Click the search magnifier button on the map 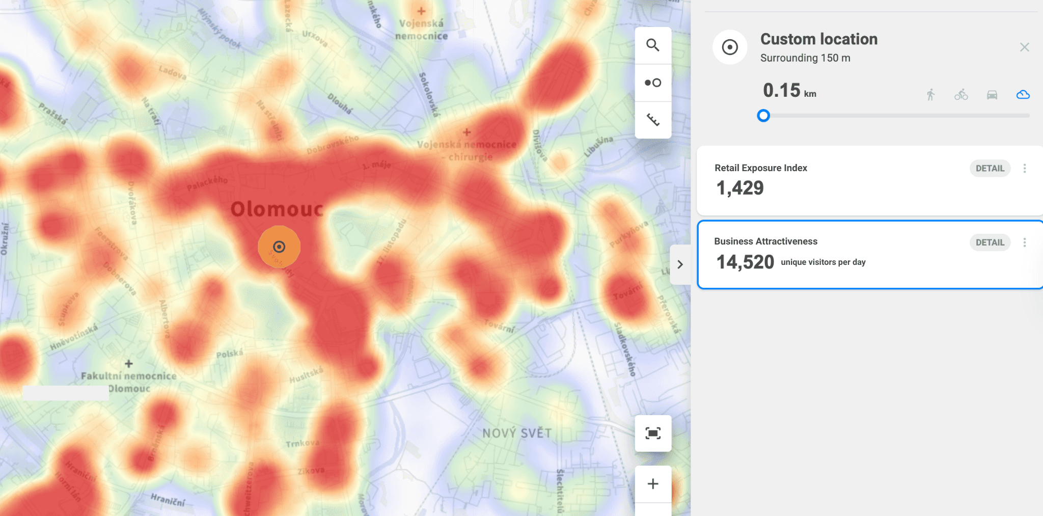tap(653, 45)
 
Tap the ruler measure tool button tap(653, 120)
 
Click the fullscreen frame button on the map tap(653, 433)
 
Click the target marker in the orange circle tap(279, 247)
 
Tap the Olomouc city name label tap(277, 209)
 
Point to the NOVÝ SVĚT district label tap(517, 433)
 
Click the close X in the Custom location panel tap(1025, 47)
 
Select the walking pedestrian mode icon tap(930, 95)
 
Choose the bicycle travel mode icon tap(961, 95)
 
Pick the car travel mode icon tap(992, 95)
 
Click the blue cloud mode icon tap(1023, 95)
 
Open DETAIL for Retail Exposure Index tap(990, 169)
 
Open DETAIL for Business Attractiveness tap(990, 242)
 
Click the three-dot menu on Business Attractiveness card tap(1025, 242)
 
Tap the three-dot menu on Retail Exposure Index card tap(1025, 169)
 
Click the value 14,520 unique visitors tap(745, 262)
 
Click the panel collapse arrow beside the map tap(680, 264)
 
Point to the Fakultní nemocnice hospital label tap(129, 376)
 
